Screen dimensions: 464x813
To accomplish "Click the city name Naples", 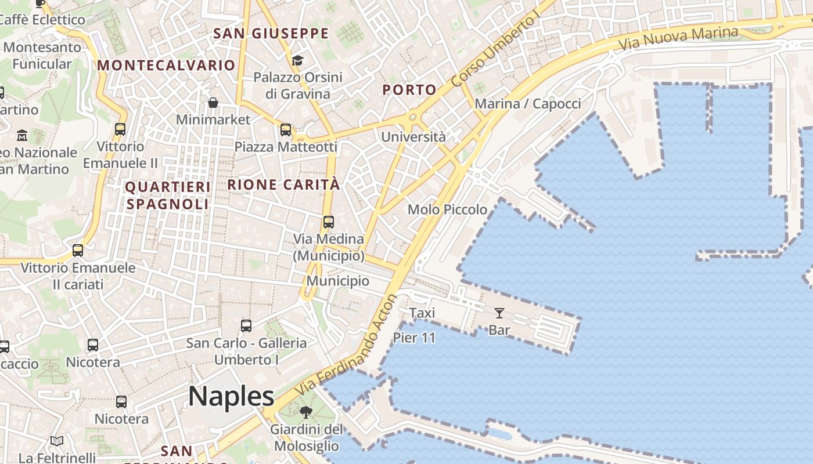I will point(231,397).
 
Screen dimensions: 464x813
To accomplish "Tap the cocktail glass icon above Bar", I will point(499,314).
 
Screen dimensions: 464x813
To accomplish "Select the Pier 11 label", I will point(414,338).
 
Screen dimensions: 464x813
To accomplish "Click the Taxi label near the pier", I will point(422,313).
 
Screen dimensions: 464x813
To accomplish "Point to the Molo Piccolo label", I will point(447,209).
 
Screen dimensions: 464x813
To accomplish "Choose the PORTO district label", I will point(409,90).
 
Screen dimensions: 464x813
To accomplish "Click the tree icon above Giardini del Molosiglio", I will point(305,412).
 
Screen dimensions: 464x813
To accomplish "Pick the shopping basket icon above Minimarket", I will point(213,103).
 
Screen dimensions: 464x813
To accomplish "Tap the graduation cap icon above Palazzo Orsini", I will point(297,60).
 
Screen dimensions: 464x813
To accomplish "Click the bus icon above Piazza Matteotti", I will point(286,130).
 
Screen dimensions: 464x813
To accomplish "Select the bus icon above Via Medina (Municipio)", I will point(329,222).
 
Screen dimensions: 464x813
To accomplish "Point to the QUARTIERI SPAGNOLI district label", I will point(168,195).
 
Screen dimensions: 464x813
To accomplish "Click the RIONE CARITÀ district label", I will point(283,185).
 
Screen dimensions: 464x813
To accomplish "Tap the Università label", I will point(413,137).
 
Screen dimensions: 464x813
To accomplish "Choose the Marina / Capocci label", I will point(528,104).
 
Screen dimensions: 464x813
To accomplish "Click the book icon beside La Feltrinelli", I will point(57,441).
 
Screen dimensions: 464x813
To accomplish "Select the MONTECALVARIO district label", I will point(166,65).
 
